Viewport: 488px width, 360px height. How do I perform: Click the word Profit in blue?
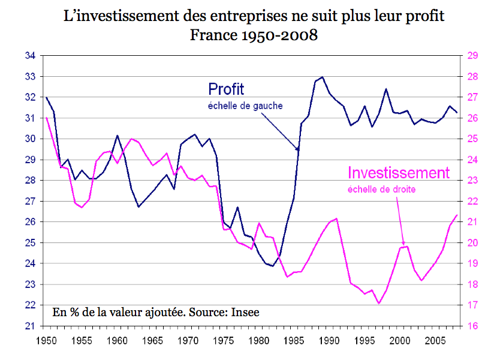[226, 89]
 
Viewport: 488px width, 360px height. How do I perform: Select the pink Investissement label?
[399, 173]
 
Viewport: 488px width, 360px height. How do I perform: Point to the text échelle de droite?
[381, 190]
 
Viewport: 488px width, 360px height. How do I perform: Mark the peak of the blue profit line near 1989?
[323, 77]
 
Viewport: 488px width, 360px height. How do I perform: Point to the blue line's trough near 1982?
[273, 266]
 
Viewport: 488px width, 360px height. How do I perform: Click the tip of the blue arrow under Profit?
[298, 149]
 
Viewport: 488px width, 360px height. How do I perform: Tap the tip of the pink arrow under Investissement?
[403, 245]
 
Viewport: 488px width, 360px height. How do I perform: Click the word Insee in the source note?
[247, 312]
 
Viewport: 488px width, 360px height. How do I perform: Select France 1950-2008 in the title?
[254, 35]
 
